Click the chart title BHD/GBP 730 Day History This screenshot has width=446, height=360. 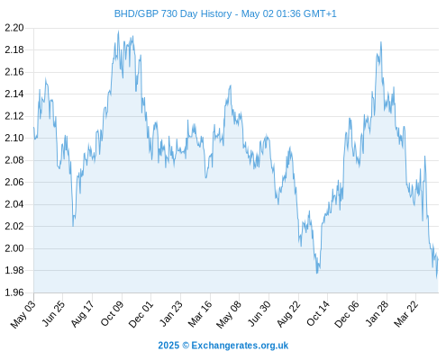(173, 13)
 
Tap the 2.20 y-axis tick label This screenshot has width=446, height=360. (14, 28)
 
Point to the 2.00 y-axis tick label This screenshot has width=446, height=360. (14, 248)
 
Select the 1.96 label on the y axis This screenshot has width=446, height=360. (14, 292)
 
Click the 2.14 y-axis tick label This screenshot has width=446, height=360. (14, 94)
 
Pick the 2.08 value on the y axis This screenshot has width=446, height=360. (14, 160)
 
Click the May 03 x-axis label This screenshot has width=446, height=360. (23, 314)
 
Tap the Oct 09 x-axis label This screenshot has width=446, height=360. (112, 313)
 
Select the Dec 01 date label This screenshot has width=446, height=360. (141, 314)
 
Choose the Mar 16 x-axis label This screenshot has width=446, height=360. (200, 314)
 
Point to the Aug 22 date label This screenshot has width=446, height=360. (288, 314)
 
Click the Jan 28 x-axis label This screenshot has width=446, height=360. (377, 313)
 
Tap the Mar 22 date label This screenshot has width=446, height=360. (405, 314)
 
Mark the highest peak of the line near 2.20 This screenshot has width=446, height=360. (118, 31)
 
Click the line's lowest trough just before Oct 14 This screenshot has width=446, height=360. (317, 273)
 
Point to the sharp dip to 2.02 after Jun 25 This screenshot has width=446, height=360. (73, 226)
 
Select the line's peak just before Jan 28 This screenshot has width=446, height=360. (381, 42)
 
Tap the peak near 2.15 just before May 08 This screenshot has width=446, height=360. (231, 85)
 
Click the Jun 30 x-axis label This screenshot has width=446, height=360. (259, 314)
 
